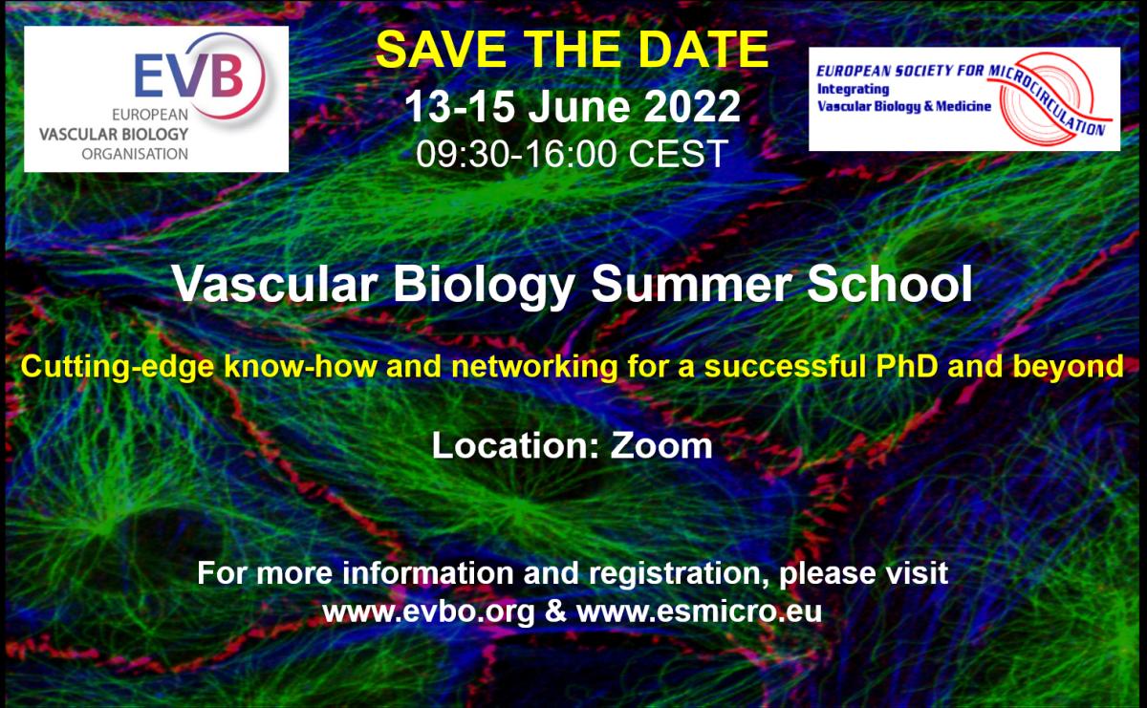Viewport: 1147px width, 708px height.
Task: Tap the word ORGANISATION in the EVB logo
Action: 135,154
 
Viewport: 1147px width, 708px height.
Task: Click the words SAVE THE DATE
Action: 572,49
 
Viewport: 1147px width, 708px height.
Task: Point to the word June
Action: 578,106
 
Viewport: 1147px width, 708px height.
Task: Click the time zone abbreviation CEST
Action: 678,153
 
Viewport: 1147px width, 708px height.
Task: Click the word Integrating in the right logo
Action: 853,90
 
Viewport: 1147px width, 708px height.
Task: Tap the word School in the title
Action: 890,284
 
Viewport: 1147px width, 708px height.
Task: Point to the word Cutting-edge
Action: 118,368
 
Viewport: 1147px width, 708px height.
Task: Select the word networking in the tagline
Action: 534,368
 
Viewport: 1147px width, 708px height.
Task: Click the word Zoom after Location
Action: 661,445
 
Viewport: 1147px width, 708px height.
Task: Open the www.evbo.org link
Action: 428,611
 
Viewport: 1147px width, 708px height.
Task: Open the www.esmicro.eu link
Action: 699,611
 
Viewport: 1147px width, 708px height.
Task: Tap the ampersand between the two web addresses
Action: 555,611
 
